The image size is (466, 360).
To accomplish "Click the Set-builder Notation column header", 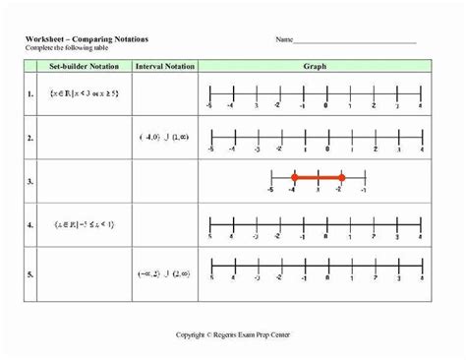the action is point(83,66).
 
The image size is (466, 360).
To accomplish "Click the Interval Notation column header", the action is point(164,66).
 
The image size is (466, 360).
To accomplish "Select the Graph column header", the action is point(315,66).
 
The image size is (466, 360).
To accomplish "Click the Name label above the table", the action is point(284,40).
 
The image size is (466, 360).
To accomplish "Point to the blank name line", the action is point(354,41).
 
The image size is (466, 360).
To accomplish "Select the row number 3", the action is point(29,181).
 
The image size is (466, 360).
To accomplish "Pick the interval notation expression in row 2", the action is point(164,136).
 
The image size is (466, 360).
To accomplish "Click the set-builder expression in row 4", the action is point(83,225).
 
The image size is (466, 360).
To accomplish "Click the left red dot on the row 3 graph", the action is point(294,178).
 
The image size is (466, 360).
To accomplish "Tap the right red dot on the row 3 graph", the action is point(341,178).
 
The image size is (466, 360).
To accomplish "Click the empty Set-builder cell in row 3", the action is point(83,181).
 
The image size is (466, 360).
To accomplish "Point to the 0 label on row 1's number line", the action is point(325,102).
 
